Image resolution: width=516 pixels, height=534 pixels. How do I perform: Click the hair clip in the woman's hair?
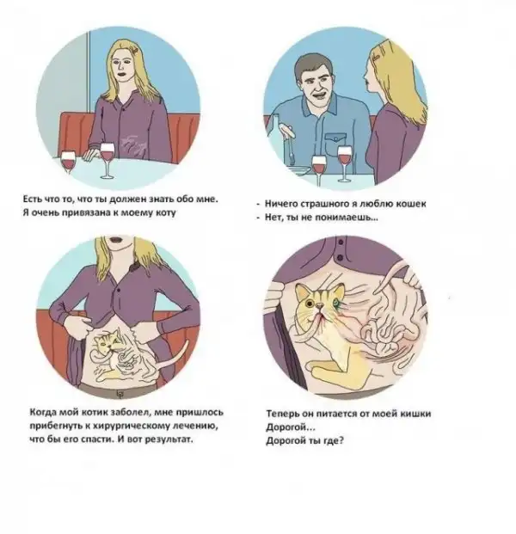coord(135,50)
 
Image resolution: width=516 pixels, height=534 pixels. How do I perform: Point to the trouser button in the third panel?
coord(120,393)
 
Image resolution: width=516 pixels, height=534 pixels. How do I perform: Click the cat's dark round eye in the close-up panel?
coord(310,303)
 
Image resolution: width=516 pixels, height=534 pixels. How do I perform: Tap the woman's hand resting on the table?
coord(91,154)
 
